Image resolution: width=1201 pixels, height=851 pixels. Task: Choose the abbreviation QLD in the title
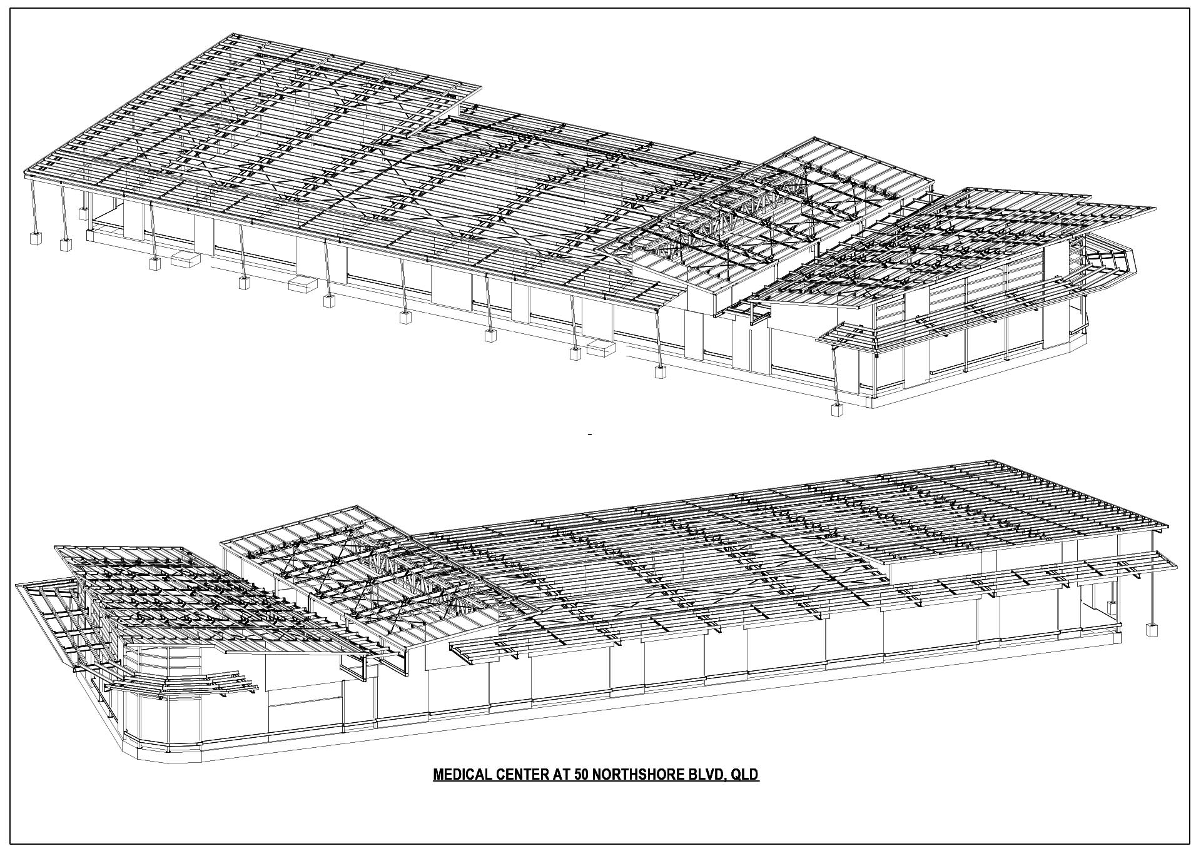(744, 775)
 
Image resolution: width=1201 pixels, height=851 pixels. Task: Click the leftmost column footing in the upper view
(35, 239)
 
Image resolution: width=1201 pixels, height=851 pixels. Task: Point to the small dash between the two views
(590, 433)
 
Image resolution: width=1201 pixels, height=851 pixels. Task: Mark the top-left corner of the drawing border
(10, 8)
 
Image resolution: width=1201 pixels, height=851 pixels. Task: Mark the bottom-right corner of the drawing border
(1190, 843)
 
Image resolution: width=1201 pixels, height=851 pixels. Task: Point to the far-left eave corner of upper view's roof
(24, 170)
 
